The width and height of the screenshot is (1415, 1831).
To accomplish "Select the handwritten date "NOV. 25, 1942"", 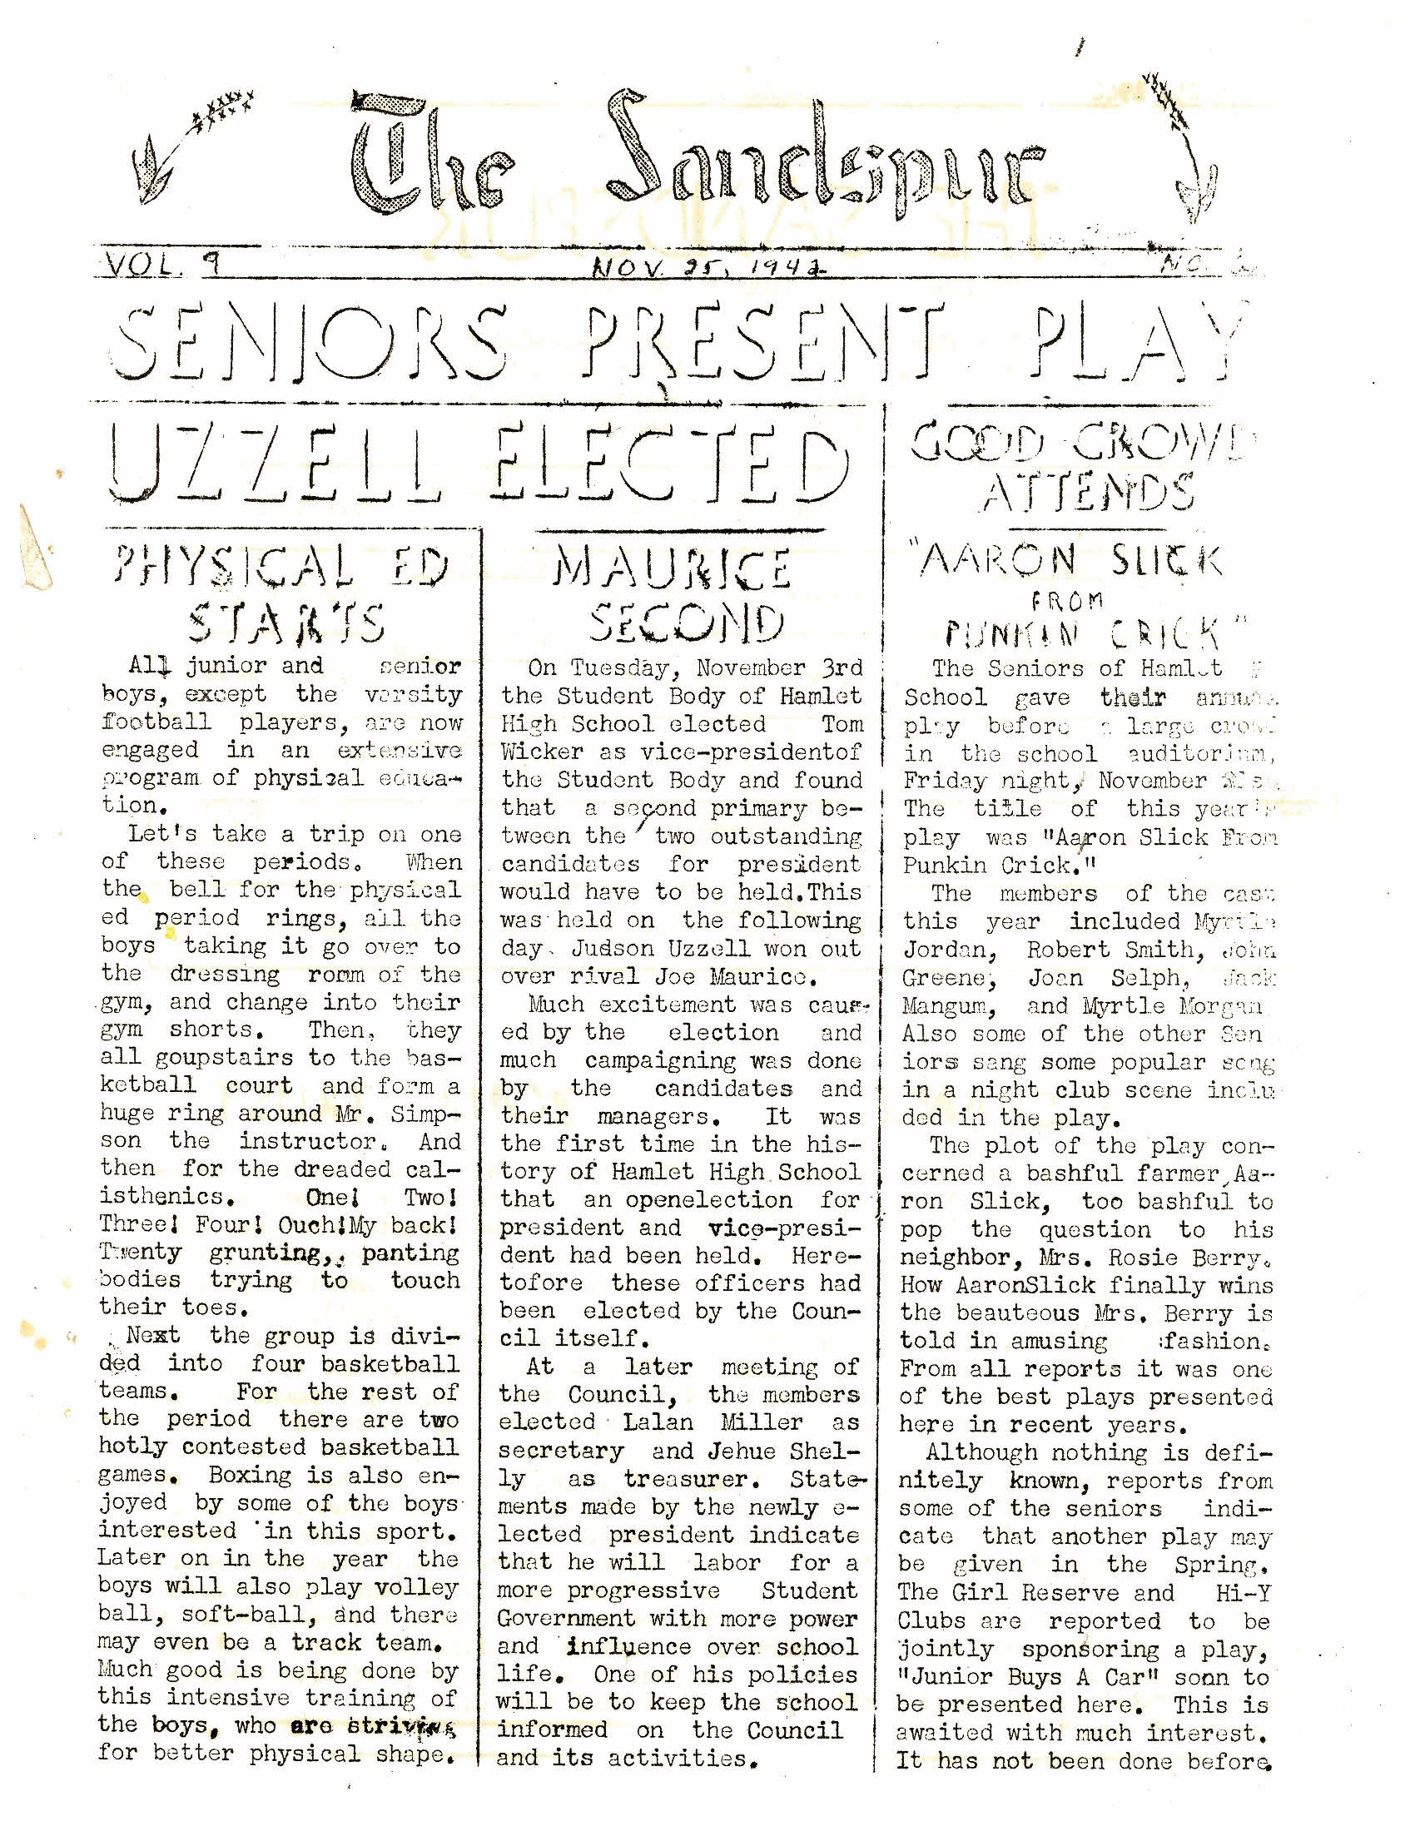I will (x=706, y=268).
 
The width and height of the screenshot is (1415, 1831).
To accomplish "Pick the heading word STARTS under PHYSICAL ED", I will (x=285, y=623).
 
